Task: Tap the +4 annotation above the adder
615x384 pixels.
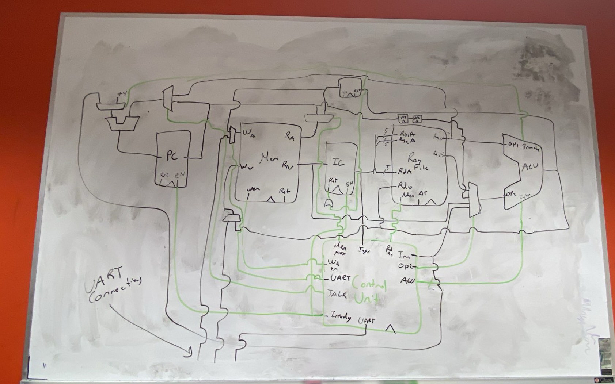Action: tap(121, 94)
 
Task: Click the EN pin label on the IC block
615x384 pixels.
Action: tap(349, 181)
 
